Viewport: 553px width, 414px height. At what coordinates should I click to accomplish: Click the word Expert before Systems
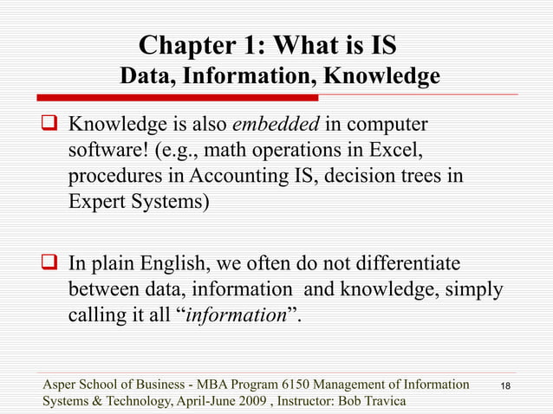(x=94, y=204)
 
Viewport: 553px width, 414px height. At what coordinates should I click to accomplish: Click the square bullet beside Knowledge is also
(x=53, y=129)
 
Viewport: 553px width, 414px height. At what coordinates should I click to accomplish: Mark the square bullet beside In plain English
(x=53, y=263)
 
